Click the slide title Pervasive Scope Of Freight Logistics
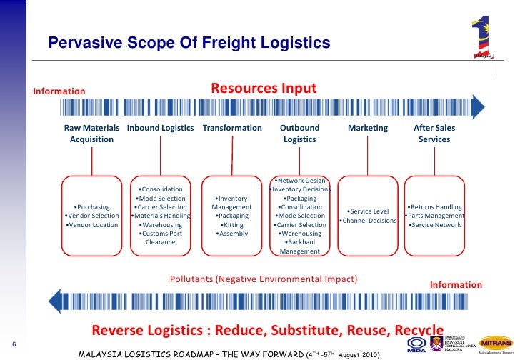coord(189,44)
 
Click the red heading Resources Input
coord(263,89)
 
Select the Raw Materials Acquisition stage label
coord(91,134)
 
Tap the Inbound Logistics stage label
coord(160,128)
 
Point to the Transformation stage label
coord(232,128)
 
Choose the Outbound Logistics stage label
coord(299,134)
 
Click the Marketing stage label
coord(367,128)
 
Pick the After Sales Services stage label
coord(434,134)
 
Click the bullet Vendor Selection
coord(91,216)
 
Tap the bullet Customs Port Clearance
coord(160,238)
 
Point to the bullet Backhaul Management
coord(299,246)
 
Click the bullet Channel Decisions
coord(368,221)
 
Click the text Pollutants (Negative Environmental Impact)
coord(264,279)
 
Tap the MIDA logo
coord(416,345)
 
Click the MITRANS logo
coord(495,342)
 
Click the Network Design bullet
coord(299,181)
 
